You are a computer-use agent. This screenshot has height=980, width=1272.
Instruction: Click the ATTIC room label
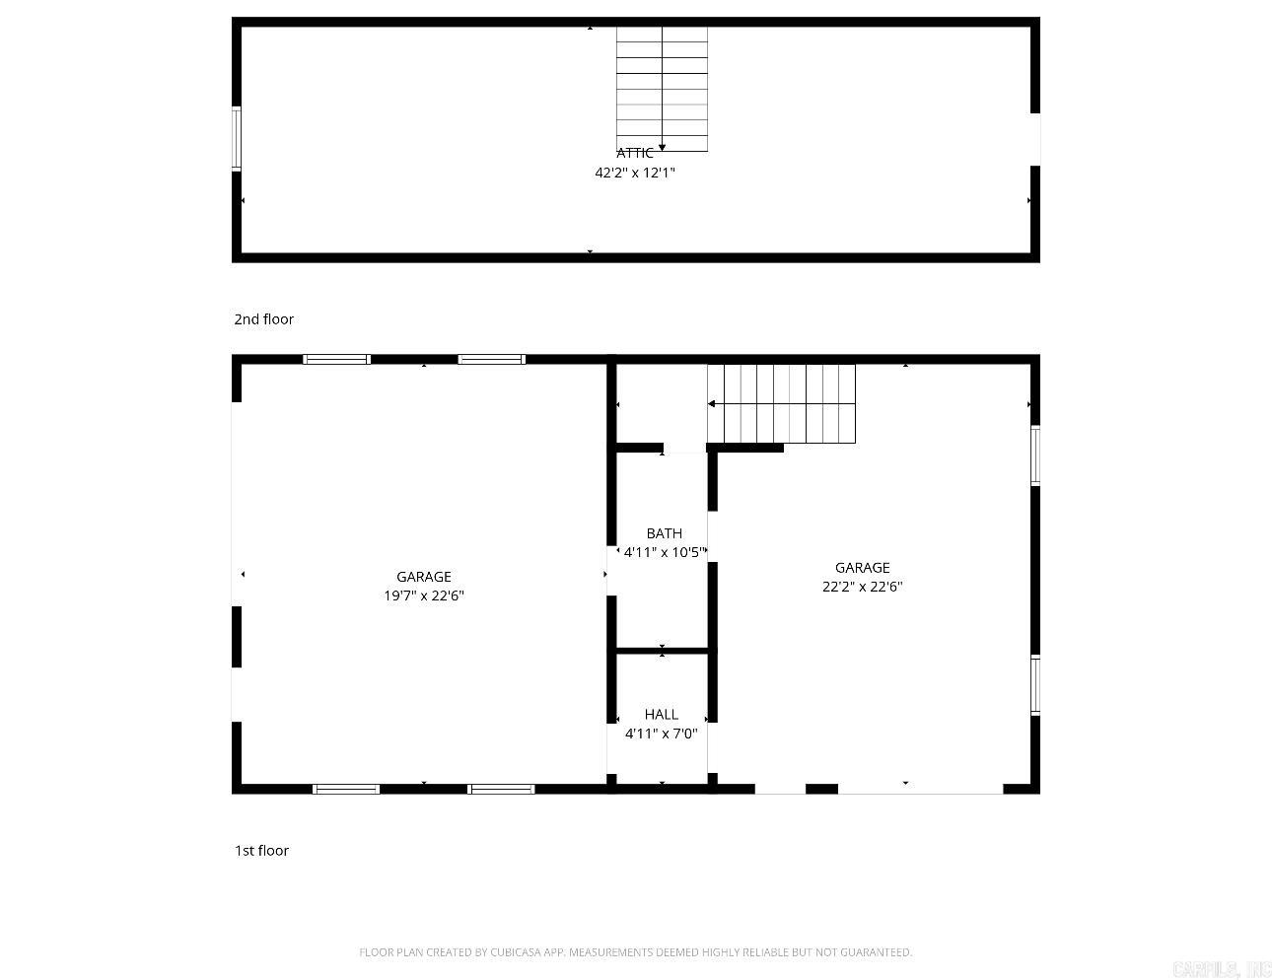634,153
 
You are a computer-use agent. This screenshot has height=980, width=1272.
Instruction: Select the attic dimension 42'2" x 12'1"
634,173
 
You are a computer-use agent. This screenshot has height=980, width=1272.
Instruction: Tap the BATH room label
664,533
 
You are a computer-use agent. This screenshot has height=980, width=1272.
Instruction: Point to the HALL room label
661,714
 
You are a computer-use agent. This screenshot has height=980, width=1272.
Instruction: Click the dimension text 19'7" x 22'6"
424,595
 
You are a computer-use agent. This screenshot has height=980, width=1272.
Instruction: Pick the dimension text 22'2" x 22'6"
863,586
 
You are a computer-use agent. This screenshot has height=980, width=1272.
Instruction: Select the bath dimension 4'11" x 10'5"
665,552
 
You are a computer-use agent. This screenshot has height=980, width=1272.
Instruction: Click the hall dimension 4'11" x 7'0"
661,734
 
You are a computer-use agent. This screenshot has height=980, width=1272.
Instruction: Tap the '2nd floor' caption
263,319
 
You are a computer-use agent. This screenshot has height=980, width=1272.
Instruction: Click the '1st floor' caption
261,851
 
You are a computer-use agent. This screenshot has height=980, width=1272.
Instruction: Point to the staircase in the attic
662,89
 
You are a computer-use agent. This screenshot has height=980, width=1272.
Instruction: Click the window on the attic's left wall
237,138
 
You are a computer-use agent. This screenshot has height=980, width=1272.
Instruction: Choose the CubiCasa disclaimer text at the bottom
635,952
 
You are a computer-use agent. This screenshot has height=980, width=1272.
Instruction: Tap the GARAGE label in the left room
424,577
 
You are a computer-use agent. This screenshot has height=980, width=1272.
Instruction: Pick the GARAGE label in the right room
863,567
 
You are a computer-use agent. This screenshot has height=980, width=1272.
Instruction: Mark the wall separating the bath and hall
662,651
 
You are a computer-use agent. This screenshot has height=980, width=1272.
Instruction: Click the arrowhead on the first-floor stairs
711,404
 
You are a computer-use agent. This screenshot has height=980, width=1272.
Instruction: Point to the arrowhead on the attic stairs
662,148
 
